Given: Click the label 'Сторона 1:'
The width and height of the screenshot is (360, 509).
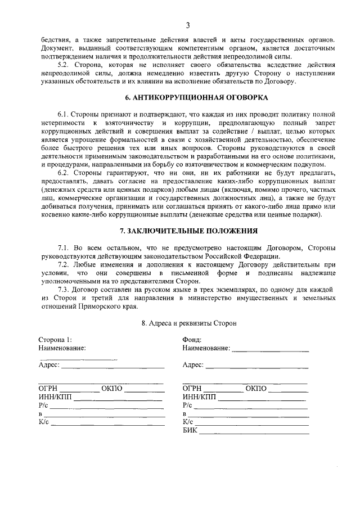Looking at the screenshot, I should [x=55, y=340].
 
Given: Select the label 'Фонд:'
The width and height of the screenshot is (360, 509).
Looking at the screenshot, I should [x=192, y=340].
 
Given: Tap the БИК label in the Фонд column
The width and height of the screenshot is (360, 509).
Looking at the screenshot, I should [x=190, y=431].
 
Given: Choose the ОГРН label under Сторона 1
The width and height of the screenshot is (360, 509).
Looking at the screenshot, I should [x=49, y=389].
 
